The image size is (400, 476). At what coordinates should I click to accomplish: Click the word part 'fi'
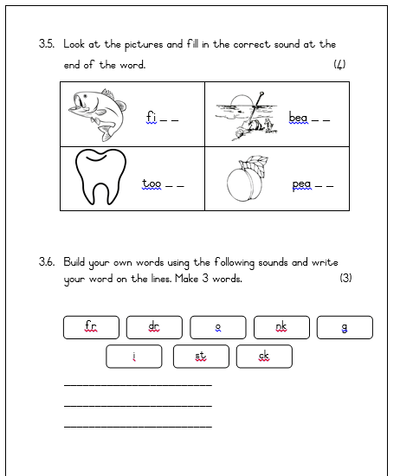[x=151, y=116]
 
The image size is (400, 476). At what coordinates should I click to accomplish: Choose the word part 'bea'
[x=298, y=117]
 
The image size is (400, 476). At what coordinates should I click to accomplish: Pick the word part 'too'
[x=152, y=183]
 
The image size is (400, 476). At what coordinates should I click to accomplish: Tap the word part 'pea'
[x=301, y=184]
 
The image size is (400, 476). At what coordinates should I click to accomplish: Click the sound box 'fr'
[x=91, y=326]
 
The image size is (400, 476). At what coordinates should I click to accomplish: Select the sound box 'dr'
[x=154, y=326]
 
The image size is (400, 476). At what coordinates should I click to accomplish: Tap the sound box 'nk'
[x=281, y=326]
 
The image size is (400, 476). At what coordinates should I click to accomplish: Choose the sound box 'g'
[x=345, y=326]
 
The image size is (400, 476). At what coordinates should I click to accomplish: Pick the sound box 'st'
[x=201, y=356]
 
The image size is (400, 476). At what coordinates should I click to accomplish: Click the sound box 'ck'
[x=264, y=356]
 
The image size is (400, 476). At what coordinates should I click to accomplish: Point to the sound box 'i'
[x=134, y=356]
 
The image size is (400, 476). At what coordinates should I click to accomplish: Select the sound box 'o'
[x=218, y=326]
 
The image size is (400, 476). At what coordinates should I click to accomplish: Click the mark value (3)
[x=345, y=279]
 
